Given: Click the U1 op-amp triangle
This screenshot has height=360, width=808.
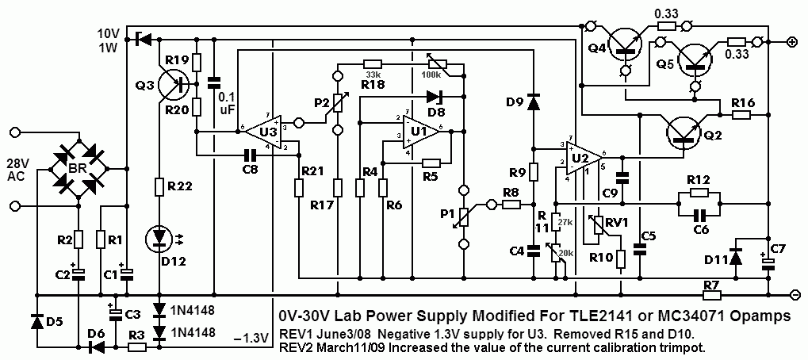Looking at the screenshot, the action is click(420, 132).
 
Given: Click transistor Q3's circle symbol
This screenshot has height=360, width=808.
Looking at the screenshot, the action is click(171, 82).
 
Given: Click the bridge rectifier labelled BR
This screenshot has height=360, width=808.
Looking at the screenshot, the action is click(79, 167).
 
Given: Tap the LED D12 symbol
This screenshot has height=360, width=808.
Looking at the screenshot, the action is click(160, 239).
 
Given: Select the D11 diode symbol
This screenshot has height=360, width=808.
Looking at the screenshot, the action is click(735, 256).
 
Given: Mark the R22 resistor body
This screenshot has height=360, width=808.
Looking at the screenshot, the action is click(160, 186).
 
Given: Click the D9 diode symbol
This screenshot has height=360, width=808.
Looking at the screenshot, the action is click(533, 103).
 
